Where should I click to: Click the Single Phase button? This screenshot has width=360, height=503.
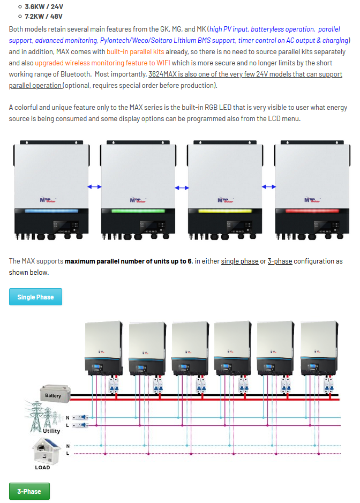pyautogui.click(x=35, y=297)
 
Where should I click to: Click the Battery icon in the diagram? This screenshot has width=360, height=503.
pyautogui.click(x=53, y=394)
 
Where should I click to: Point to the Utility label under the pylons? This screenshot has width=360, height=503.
pyautogui.click(x=52, y=431)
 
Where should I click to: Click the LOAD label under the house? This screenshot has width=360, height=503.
pyautogui.click(x=42, y=468)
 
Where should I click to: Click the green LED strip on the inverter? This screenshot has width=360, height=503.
pyautogui.click(x=138, y=211)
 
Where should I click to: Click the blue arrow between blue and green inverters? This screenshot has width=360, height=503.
pyautogui.click(x=94, y=186)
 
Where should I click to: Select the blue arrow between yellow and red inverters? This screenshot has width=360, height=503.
pyautogui.click(x=268, y=186)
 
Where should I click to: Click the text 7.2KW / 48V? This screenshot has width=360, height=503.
pyautogui.click(x=44, y=16)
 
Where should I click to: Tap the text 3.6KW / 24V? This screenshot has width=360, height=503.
pyautogui.click(x=44, y=7)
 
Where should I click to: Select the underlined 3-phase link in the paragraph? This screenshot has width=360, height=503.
pyautogui.click(x=280, y=261)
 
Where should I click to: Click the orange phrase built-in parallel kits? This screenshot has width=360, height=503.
pyautogui.click(x=136, y=52)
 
